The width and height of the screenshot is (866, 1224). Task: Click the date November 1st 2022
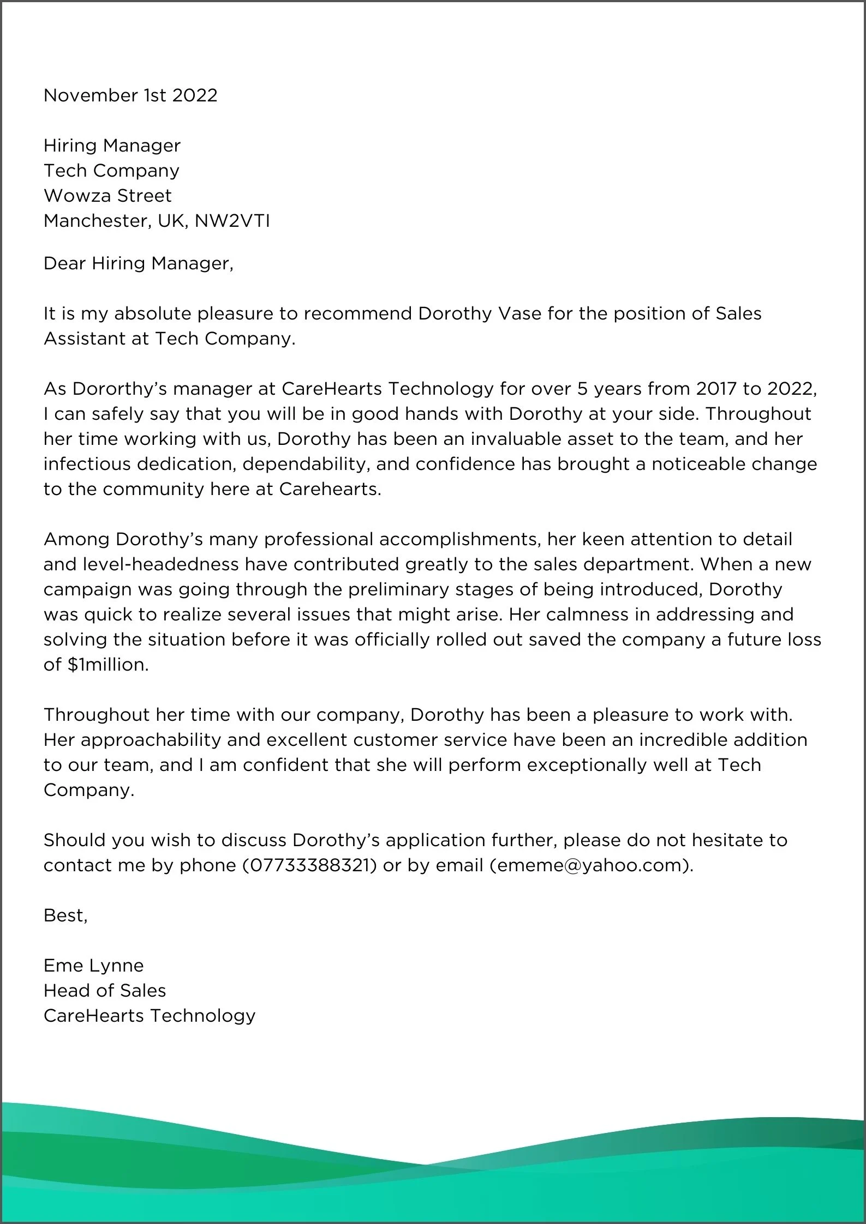(x=130, y=95)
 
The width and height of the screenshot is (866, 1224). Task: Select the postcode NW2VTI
(x=232, y=221)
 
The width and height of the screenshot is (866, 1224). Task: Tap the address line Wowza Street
(x=107, y=196)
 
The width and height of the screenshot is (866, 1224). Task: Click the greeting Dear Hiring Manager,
(x=138, y=263)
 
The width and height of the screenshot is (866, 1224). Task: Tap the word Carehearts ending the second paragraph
(x=330, y=489)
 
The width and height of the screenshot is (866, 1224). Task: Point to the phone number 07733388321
(x=309, y=865)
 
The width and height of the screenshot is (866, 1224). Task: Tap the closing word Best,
(x=65, y=915)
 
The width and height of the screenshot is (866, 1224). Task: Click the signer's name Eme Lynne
(x=94, y=966)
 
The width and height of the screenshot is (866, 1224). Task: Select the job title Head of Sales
(x=105, y=991)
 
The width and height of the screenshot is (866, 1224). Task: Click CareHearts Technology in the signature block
(x=150, y=1016)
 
